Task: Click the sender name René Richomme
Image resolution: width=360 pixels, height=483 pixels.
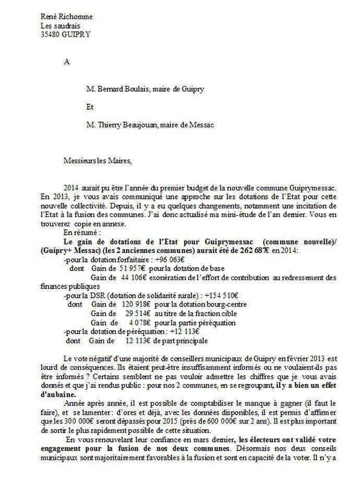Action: point(66,17)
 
